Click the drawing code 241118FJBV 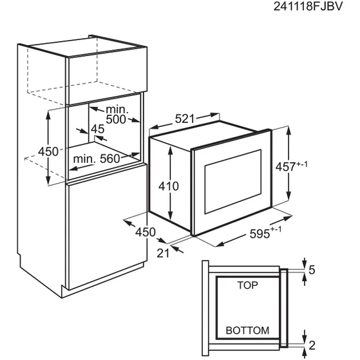click(x=308, y=6)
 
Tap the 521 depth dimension click(x=185, y=119)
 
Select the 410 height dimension click(x=169, y=186)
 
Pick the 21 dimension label click(x=163, y=253)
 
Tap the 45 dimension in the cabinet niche click(x=98, y=129)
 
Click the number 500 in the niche click(x=116, y=119)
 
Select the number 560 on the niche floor click(x=110, y=159)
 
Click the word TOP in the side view click(x=247, y=285)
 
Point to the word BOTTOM click(x=247, y=330)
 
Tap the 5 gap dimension click(x=312, y=270)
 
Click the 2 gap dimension click(x=312, y=346)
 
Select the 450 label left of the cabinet click(x=48, y=152)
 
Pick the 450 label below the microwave click(x=146, y=232)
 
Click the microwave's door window click(x=233, y=182)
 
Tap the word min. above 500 click(x=117, y=109)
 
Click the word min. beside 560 click(x=84, y=159)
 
